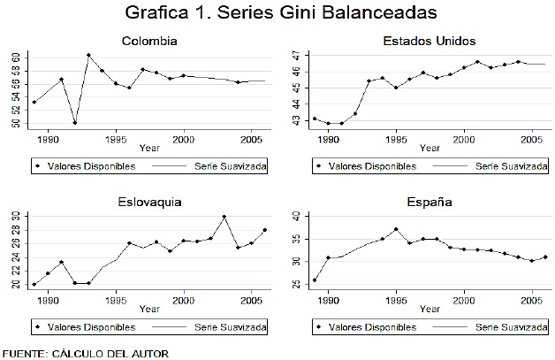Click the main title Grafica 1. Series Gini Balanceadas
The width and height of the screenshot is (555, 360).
277,15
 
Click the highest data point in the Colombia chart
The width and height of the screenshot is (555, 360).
88,56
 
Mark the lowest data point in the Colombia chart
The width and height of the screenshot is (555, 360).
75,122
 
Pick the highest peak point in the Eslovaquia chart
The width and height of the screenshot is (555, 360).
224,217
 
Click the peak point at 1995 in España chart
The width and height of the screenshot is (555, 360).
397,229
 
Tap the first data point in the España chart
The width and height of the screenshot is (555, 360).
315,280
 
